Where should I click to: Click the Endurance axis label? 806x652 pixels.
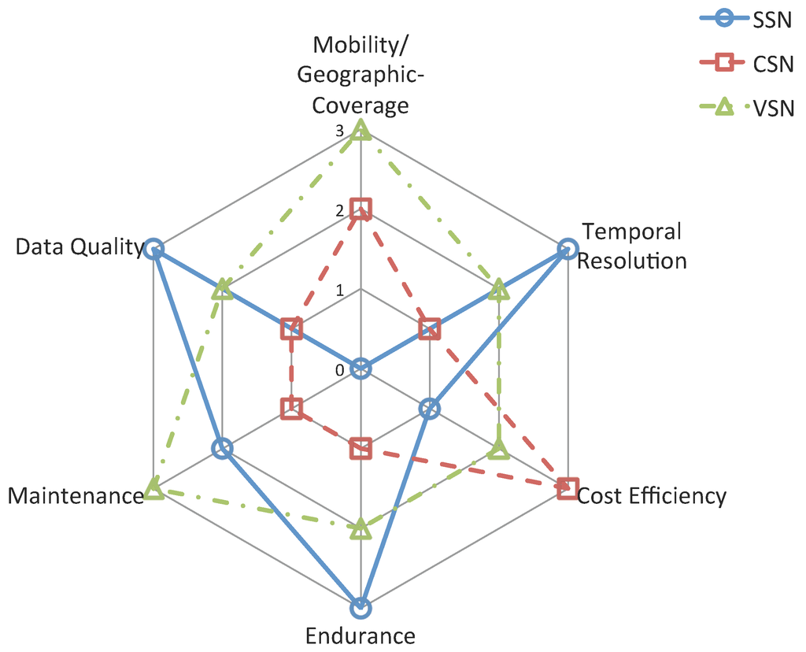pos(360,635)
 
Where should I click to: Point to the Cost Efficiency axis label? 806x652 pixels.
pos(651,495)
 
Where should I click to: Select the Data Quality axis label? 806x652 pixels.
pos(79,247)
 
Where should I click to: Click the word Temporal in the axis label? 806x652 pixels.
pos(631,232)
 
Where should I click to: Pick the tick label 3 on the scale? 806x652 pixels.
pos(338,132)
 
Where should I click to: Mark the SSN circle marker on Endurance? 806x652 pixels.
pos(360,607)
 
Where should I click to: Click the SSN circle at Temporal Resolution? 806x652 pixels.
pos(567,250)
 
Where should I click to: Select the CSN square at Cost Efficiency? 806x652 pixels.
pos(567,487)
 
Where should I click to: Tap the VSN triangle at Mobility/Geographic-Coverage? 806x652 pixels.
pos(360,130)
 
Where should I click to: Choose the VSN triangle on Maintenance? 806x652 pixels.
pos(154,490)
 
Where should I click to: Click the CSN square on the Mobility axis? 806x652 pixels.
pos(360,209)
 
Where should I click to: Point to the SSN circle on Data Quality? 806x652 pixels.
pos(154,249)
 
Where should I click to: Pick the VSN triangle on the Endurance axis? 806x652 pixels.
pos(360,528)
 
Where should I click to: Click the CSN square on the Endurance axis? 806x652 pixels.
pos(360,448)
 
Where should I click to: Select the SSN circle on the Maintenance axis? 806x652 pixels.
pos(223,448)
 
